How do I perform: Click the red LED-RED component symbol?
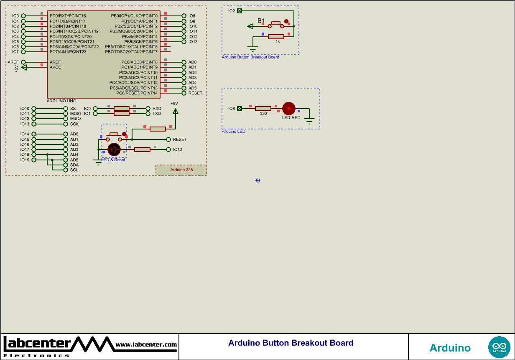pos(288,109)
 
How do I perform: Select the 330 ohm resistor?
pos(263,109)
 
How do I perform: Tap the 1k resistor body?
pos(276,37)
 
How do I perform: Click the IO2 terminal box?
pos(240,11)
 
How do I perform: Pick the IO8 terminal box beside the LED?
pos(240,109)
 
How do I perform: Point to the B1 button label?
pos(261,20)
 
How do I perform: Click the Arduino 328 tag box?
pos(181,170)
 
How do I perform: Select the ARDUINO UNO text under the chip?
pos(61,101)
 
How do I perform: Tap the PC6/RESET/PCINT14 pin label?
pos(137,93)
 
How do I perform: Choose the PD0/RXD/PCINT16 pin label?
pos(68,16)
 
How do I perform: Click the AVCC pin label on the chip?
pos(55,67)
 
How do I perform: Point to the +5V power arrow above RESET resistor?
pos(176,111)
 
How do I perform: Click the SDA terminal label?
pos(74,165)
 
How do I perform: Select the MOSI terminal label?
pos(75,114)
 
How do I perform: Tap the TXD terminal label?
pos(157,114)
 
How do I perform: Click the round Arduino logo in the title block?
pos(499,347)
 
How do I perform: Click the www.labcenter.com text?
pos(146,345)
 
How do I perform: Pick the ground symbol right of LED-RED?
pos(309,121)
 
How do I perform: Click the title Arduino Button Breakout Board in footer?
pos(291,343)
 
